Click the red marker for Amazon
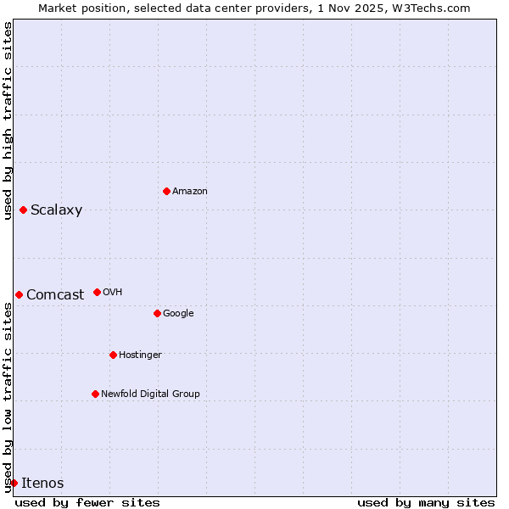166,191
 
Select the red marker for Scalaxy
23,210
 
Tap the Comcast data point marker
19,294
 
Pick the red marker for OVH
97,292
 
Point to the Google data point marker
157,313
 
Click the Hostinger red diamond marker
113,355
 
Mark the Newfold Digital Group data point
95,394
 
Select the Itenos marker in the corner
14,483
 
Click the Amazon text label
190,192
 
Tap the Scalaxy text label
56,210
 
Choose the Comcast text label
55,295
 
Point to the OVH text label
113,293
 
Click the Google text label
178,314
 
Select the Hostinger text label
140,355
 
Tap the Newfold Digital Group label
150,394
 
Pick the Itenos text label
42,484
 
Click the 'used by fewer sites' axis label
87,503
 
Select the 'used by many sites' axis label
426,503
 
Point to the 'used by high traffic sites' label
8,120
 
